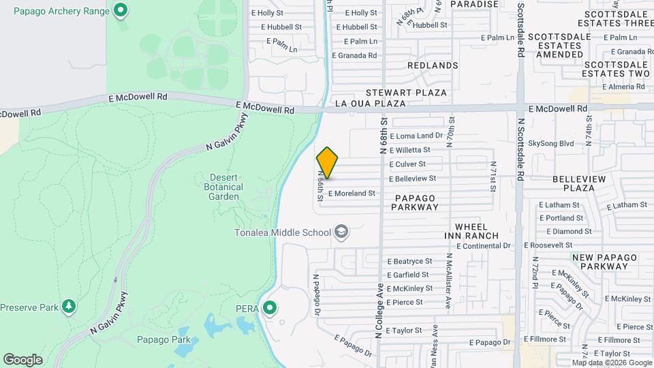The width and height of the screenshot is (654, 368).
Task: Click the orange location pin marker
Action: click(x=327, y=163)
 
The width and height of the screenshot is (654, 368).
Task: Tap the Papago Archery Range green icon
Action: click(x=121, y=10)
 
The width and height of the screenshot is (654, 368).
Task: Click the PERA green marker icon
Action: click(x=270, y=308)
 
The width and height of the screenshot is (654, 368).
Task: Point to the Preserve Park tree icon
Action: click(x=68, y=306)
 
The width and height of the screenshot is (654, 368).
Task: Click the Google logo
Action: click(x=22, y=360)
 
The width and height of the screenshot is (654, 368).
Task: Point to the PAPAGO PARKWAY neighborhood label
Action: click(x=414, y=202)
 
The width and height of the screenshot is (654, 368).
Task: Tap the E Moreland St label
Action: click(x=352, y=194)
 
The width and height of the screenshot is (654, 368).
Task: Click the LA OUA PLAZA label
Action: click(x=371, y=104)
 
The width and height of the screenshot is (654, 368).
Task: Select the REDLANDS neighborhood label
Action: click(x=433, y=65)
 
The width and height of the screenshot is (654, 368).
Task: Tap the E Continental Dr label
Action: click(x=484, y=245)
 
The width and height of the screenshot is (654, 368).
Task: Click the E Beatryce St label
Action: click(x=409, y=261)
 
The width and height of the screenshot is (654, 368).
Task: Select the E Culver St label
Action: click(x=407, y=164)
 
